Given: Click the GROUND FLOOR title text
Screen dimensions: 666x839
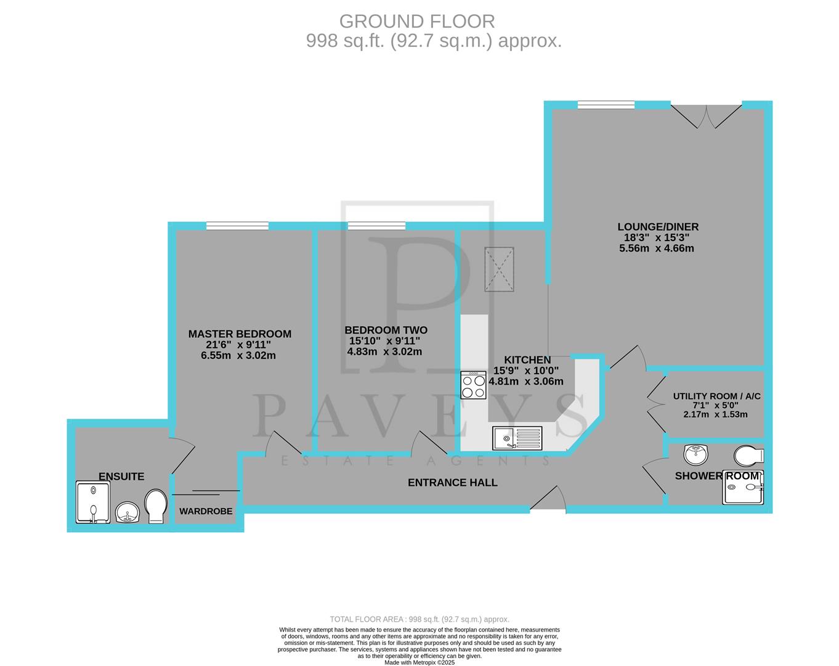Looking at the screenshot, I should click(x=417, y=22).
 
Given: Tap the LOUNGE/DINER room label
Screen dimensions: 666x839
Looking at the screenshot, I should click(x=659, y=227).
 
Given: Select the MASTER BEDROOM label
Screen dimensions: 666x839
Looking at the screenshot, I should click(x=240, y=334).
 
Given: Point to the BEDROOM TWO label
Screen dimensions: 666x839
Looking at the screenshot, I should click(x=386, y=330).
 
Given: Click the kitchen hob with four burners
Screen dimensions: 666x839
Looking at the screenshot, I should click(x=473, y=385).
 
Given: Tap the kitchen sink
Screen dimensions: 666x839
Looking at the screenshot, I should click(x=517, y=438).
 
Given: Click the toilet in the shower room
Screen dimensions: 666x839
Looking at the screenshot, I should click(x=749, y=456).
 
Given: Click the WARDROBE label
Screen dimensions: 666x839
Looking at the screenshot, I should click(x=206, y=511).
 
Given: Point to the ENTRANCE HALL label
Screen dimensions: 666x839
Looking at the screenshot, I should click(x=452, y=482).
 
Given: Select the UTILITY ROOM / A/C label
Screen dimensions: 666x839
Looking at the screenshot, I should click(x=716, y=396).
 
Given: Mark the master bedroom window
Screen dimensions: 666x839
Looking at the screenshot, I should click(x=237, y=226).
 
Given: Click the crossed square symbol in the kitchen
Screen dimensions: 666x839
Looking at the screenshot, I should click(x=499, y=269).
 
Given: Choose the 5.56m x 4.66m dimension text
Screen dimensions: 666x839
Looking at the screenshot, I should click(x=656, y=249).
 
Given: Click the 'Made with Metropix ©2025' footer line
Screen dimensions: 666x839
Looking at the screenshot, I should click(x=419, y=662).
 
